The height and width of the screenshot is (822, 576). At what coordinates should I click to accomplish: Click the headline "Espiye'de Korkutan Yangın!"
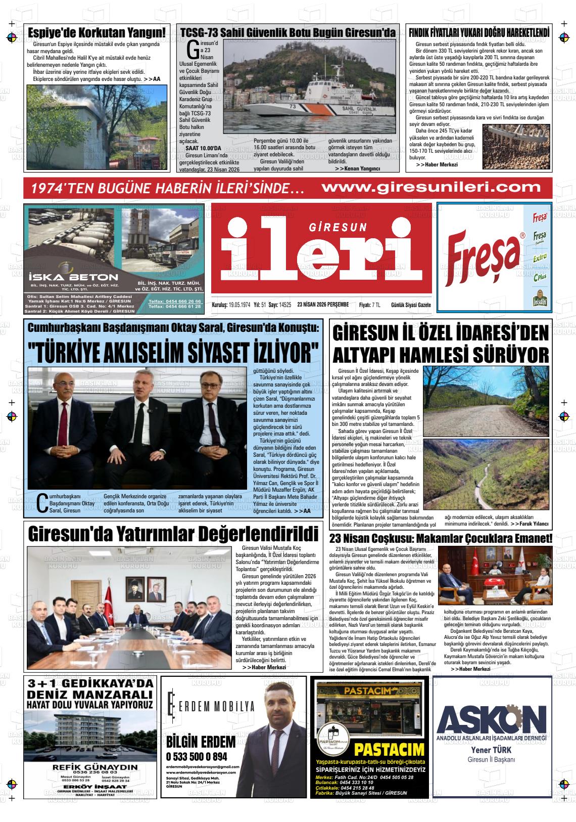96,32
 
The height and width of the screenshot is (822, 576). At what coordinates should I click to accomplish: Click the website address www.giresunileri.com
431,188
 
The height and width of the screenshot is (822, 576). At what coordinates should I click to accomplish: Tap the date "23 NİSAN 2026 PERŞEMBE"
323,305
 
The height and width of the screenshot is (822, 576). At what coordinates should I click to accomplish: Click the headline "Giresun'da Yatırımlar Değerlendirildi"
173,534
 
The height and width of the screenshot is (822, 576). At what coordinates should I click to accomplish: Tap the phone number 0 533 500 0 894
197,757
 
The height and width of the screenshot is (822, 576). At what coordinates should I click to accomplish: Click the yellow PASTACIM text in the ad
389,749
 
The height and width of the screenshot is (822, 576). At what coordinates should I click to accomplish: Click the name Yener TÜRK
491,750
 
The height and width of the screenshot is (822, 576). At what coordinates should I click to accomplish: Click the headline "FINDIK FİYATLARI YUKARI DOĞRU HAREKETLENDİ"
479,32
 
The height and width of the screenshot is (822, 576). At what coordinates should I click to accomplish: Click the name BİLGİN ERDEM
201,742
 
